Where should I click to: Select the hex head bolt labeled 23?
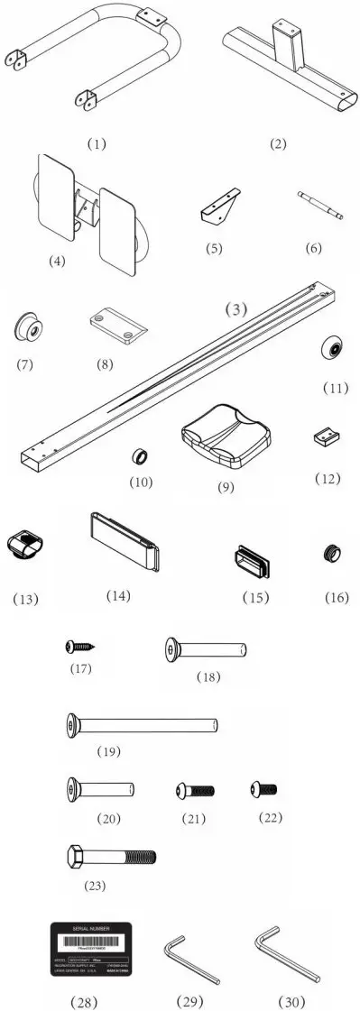pyautogui.click(x=110, y=855)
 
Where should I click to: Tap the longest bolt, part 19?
pyautogui.click(x=143, y=723)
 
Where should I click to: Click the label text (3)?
pyautogui.click(x=236, y=308)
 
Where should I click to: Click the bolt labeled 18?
pyautogui.click(x=207, y=648)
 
